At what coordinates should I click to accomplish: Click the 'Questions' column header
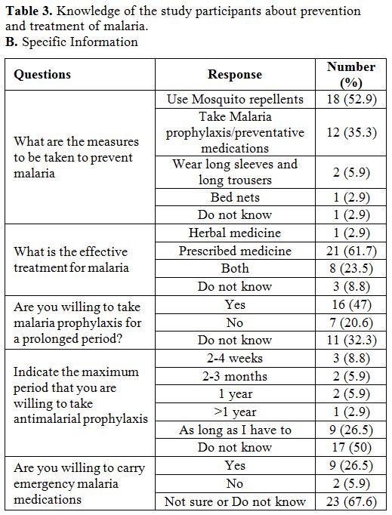click(x=42, y=75)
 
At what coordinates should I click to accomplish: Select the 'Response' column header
click(x=235, y=75)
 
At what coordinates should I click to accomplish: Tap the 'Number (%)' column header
click(x=351, y=75)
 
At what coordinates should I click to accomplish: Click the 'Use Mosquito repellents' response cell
click(x=235, y=99)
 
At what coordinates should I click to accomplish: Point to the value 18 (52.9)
click(x=351, y=99)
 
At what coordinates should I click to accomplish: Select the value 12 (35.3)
click(x=351, y=132)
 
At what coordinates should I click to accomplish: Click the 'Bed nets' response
click(x=235, y=197)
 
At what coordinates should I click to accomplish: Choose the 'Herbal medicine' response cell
click(x=235, y=233)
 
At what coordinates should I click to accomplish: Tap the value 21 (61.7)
click(x=351, y=251)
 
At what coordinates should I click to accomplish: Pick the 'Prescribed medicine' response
click(x=235, y=251)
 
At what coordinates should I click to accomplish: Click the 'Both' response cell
click(x=235, y=268)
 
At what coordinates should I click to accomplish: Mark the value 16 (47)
click(x=351, y=304)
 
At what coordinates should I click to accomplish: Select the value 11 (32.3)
click(x=351, y=340)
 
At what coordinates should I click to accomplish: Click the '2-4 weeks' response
click(x=235, y=358)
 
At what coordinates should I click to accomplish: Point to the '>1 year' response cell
click(x=235, y=412)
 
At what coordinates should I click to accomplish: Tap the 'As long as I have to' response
click(x=235, y=430)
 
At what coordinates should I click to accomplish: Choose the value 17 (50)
click(x=351, y=447)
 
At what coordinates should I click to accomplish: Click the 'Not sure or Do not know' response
click(x=235, y=501)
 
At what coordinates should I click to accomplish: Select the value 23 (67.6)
click(x=351, y=501)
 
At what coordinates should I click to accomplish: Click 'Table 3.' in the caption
click(x=29, y=11)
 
